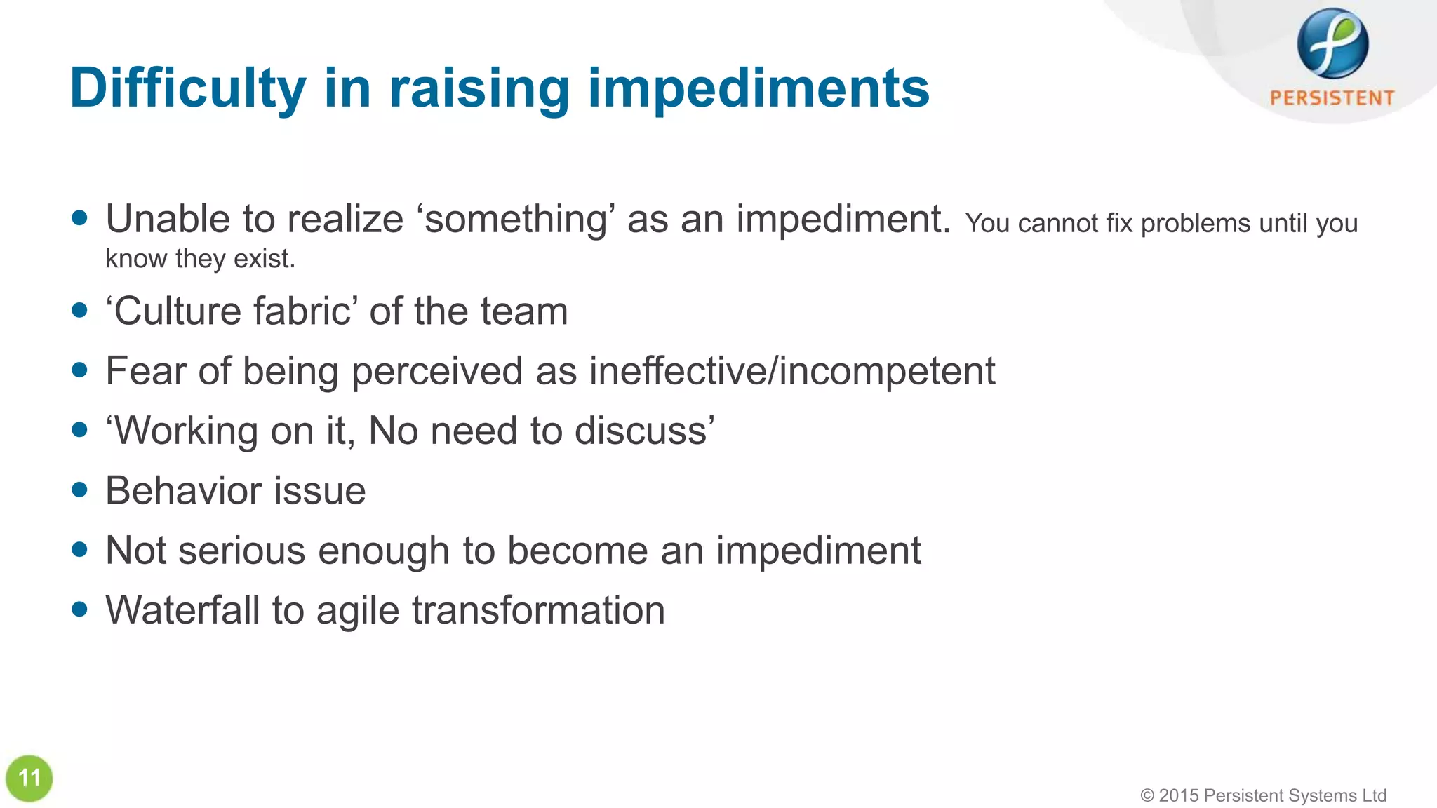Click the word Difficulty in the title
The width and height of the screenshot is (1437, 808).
[187, 89]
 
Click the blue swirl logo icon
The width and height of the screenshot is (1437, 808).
[1332, 43]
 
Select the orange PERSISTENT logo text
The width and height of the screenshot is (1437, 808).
[1332, 98]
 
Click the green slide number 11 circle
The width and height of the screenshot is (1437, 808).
[29, 778]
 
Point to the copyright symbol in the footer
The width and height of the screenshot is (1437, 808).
[1147, 795]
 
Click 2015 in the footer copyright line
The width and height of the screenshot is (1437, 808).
[1179, 795]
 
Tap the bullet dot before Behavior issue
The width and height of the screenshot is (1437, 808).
[80, 490]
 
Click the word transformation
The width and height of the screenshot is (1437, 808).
[538, 610]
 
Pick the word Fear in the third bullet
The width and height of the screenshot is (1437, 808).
[145, 370]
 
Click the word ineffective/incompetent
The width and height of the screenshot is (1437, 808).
[791, 370]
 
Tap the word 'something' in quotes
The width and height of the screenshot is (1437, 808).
[516, 219]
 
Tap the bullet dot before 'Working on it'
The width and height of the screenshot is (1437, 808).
[80, 429]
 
